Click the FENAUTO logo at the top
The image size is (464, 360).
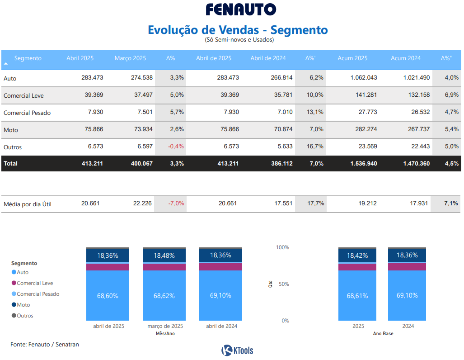click(x=241, y=9)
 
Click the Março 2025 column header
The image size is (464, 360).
click(x=130, y=58)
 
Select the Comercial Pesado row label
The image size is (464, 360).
click(x=27, y=113)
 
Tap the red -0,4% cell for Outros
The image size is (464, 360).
click(x=176, y=147)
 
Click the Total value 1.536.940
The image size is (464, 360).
click(x=363, y=163)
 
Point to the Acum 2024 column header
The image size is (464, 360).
click(x=405, y=58)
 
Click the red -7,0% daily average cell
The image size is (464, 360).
click(x=176, y=204)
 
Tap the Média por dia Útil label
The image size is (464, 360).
click(x=28, y=204)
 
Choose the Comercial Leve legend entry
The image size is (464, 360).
click(x=35, y=283)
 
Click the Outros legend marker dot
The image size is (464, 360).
click(x=14, y=316)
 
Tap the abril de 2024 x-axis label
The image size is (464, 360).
click(x=221, y=326)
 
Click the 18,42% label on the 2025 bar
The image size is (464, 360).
click(x=357, y=256)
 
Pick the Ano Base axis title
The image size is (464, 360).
click(x=383, y=334)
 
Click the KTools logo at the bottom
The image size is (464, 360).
click(x=237, y=350)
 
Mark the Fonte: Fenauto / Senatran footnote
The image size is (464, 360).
click(x=45, y=345)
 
